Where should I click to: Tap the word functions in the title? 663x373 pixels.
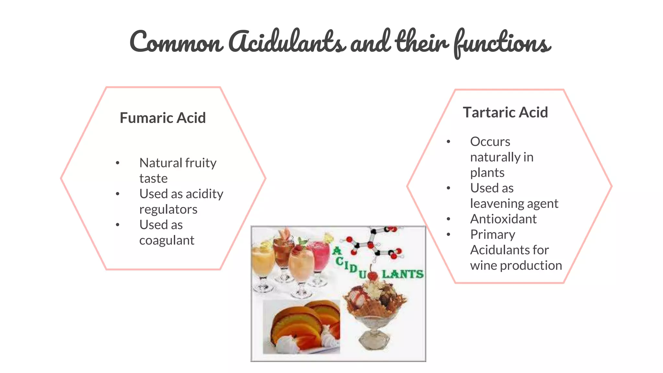tap(502, 44)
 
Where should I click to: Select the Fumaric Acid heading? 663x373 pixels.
tap(163, 118)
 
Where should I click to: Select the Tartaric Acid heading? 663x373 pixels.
tap(505, 112)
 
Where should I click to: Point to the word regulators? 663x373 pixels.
tap(168, 209)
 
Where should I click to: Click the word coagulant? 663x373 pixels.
tap(167, 240)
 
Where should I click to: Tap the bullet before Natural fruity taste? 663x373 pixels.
tap(118, 163)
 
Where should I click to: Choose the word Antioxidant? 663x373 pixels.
tap(503, 219)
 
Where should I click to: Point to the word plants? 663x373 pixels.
tap(487, 173)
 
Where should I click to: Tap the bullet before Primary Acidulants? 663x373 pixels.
tap(448, 234)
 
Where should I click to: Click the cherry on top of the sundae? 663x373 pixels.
tap(373, 276)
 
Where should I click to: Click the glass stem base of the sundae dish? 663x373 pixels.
tap(374, 340)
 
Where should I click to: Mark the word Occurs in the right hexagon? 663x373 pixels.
tap(490, 142)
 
